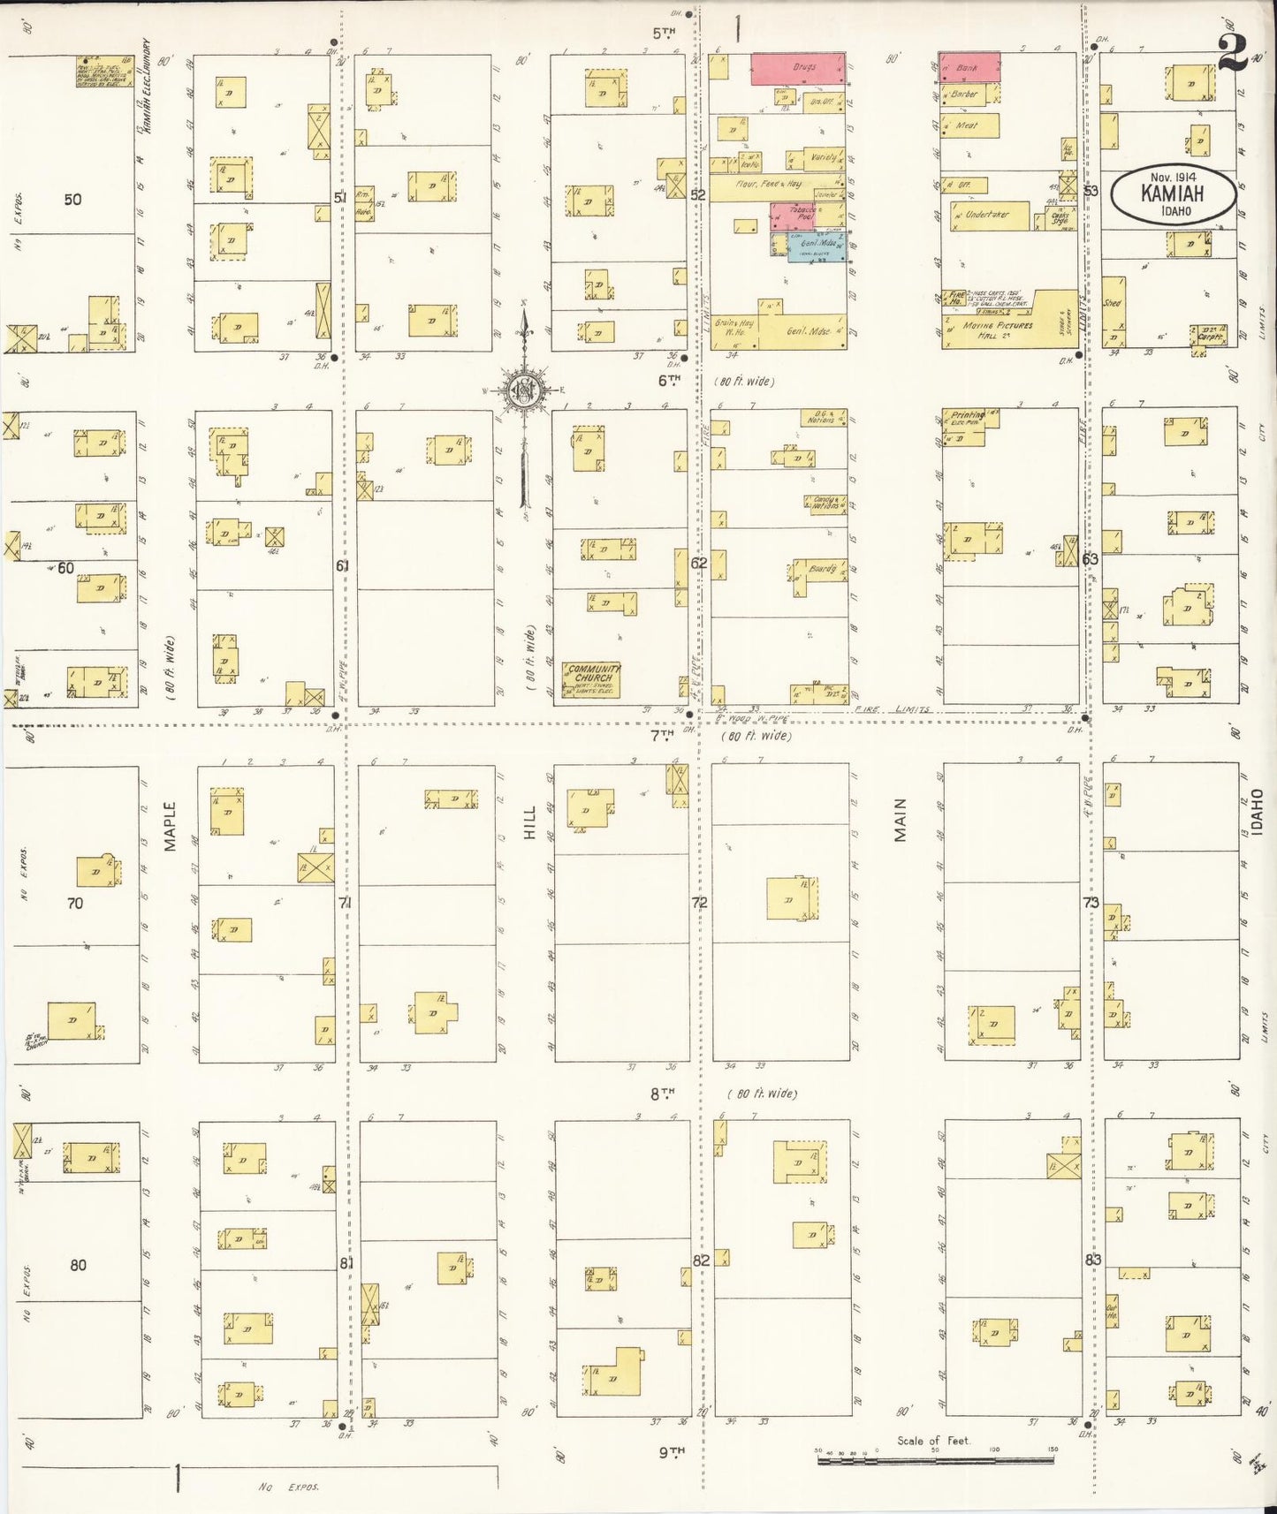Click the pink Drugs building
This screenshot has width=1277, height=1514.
point(798,69)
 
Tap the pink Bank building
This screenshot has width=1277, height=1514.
point(969,65)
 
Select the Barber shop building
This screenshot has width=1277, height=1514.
point(965,94)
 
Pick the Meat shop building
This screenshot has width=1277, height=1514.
point(969,125)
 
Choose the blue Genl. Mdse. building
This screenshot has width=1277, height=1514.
point(816,246)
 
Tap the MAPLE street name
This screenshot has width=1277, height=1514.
point(170,826)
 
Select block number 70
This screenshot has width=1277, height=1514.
point(74,903)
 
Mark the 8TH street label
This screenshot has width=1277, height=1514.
point(662,1094)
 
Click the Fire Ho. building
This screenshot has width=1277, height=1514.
point(957,299)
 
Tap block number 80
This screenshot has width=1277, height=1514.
point(78,1265)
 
